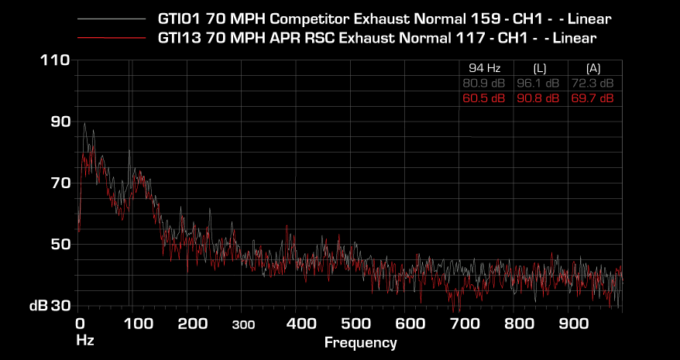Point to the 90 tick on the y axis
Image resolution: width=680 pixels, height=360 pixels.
point(60,122)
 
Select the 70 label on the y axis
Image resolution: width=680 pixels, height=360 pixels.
point(60,183)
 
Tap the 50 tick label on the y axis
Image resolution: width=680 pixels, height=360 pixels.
point(60,244)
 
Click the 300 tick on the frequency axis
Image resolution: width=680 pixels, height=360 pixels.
point(242,324)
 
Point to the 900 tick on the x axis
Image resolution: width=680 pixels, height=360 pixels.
point(571,323)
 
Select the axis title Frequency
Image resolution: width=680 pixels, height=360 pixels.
point(360,342)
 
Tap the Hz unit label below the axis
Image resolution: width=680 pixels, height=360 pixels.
point(84,340)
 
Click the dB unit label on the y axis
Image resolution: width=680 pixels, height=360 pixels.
point(39,306)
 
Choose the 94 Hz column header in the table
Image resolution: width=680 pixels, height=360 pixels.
point(484,67)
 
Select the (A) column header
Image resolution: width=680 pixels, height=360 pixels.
point(592,67)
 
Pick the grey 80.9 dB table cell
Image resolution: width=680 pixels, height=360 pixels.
point(484,83)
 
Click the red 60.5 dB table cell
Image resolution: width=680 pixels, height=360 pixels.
point(484,98)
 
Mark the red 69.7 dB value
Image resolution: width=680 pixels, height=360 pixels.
point(592,98)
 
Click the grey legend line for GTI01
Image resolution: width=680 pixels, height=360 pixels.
point(112,18)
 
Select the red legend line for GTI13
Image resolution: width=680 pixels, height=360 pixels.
point(112,37)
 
